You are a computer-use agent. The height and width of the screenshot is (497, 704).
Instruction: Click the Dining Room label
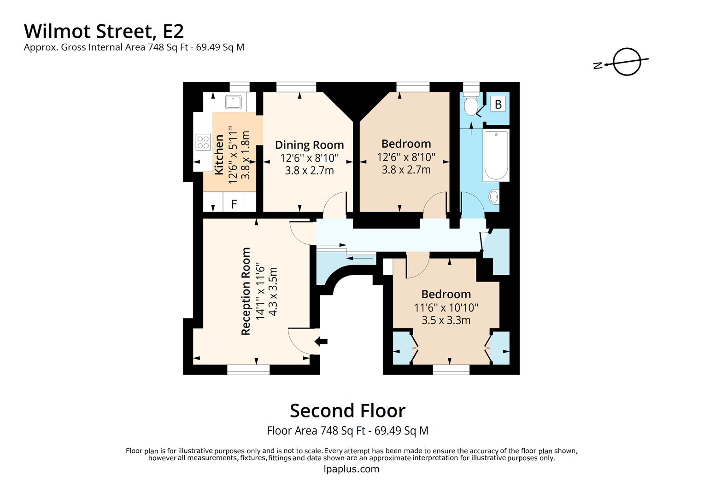(x=309, y=145)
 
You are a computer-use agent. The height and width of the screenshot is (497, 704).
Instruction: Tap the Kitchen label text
(x=219, y=154)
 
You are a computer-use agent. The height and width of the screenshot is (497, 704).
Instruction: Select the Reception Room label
(x=246, y=291)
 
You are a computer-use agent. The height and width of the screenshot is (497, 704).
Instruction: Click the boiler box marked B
(x=498, y=104)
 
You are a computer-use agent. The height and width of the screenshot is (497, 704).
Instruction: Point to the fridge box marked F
(x=234, y=203)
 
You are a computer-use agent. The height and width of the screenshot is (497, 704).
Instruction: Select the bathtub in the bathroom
(x=496, y=155)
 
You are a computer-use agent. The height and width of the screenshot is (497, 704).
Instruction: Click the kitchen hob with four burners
(x=203, y=142)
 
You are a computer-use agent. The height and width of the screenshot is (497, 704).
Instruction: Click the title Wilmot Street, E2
(x=104, y=31)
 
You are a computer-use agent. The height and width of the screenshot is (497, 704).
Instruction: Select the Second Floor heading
(x=347, y=410)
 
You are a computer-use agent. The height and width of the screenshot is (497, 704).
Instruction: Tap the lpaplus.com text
(x=352, y=469)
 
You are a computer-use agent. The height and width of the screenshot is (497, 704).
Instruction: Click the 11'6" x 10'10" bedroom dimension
(x=446, y=307)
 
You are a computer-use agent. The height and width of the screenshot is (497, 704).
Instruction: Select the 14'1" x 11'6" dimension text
(x=260, y=291)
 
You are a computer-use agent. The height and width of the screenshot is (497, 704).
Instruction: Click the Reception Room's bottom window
(x=248, y=369)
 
